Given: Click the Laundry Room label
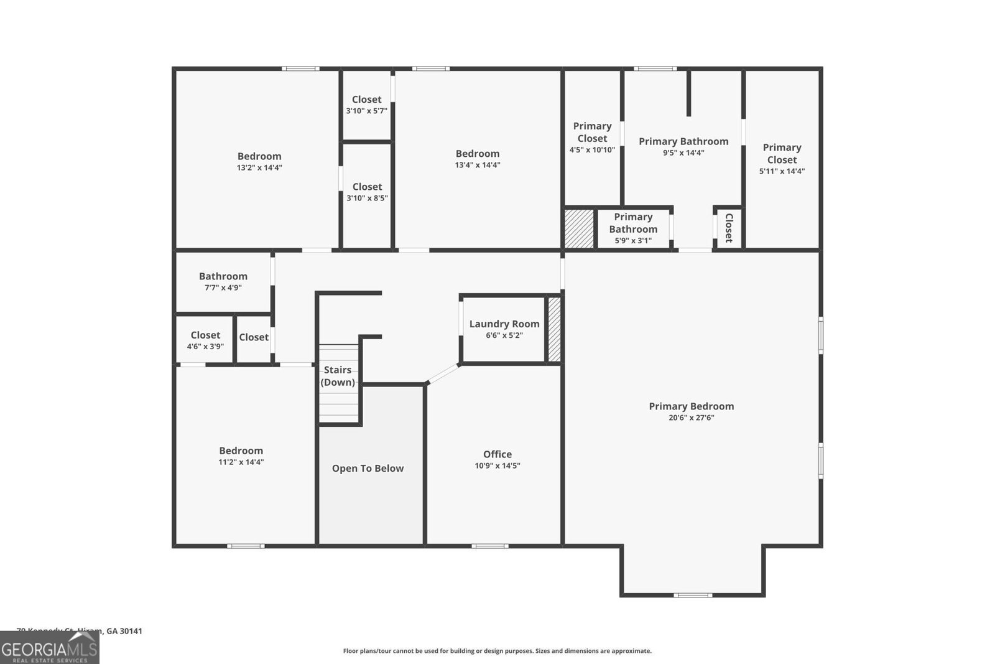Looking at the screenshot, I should (x=504, y=324).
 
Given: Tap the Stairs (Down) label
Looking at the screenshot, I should (x=338, y=376).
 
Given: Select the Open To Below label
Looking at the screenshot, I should (x=368, y=469).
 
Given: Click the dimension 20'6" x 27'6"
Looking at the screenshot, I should (x=691, y=418).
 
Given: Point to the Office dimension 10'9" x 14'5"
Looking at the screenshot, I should (x=497, y=465).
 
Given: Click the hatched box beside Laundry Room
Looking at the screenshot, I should (x=553, y=330).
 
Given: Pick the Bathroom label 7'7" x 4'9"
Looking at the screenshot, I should (x=223, y=281).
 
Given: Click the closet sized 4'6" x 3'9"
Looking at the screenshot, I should (x=205, y=340).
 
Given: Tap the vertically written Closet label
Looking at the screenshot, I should (x=729, y=228).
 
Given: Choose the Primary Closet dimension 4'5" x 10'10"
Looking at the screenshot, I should (x=592, y=150).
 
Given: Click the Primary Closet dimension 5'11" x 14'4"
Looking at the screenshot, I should (x=782, y=171).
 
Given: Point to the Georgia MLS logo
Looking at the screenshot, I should (x=49, y=648).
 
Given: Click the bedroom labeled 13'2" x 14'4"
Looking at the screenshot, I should (x=259, y=161).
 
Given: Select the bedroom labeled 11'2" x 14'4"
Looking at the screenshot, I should (x=241, y=456).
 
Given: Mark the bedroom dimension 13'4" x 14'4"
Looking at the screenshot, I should (x=478, y=165).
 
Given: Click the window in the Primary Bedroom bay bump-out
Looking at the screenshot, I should (x=693, y=595).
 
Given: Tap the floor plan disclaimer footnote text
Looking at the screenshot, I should (x=497, y=651).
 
